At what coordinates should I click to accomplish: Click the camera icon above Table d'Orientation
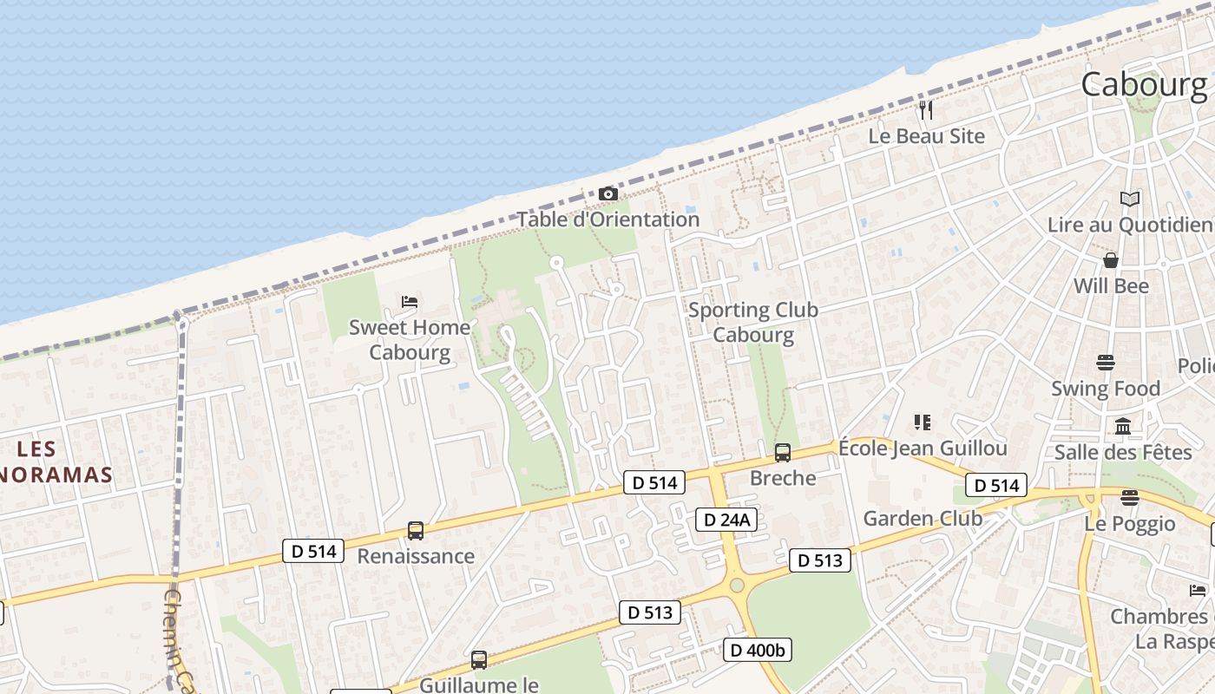[x=608, y=193]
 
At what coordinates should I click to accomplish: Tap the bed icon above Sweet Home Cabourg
[x=410, y=302]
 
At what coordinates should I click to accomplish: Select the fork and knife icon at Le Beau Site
[x=926, y=110]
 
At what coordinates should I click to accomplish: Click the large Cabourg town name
[x=1144, y=84]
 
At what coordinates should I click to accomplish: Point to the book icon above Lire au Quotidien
[x=1129, y=200]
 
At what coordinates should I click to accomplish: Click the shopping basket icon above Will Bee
[x=1110, y=260]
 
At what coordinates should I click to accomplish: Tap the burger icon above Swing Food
[x=1106, y=362]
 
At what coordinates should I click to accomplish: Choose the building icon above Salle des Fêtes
[x=1123, y=426]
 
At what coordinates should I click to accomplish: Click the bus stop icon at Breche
[x=783, y=452]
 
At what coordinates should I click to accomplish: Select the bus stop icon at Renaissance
[x=416, y=530]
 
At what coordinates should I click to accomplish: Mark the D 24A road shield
[x=727, y=520]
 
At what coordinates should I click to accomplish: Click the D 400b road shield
[x=758, y=649]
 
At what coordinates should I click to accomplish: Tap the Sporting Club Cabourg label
[x=752, y=322]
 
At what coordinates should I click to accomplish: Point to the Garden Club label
[x=923, y=519]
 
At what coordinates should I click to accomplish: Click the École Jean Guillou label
[x=923, y=448]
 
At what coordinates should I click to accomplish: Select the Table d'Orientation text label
[x=608, y=219]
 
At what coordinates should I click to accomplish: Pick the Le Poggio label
[x=1130, y=524]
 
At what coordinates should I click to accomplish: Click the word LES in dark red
[x=36, y=448]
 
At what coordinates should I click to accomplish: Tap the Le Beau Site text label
[x=927, y=136]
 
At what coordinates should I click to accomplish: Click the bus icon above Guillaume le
[x=479, y=660]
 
